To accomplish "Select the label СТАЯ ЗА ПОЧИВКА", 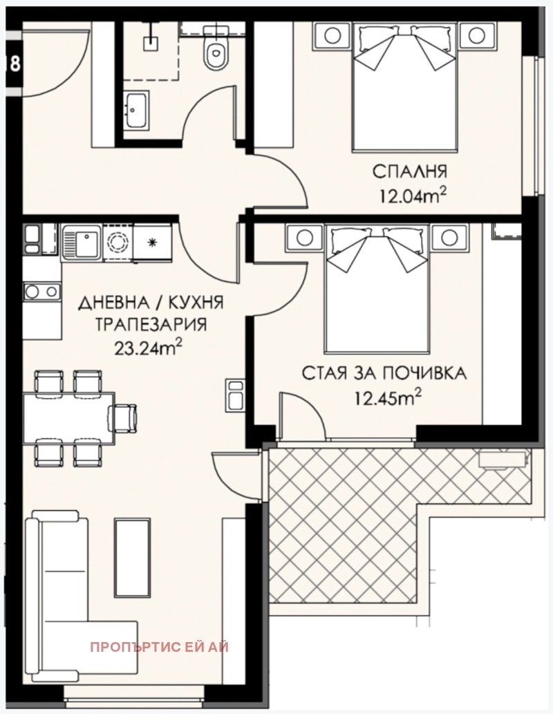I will (x=384, y=374).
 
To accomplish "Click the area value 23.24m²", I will (x=148, y=347).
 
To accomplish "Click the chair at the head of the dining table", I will (x=125, y=417).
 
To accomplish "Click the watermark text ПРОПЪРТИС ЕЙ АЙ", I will (x=159, y=647).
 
